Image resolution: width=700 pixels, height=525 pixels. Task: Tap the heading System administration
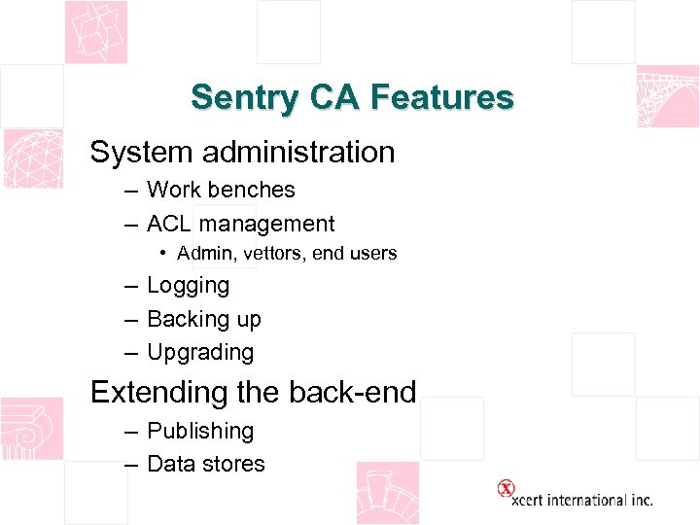(x=242, y=152)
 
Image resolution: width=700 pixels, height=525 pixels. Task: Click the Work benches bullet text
(x=221, y=191)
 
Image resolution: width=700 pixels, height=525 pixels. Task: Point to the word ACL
(x=169, y=224)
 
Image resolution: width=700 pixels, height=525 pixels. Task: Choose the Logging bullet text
(x=188, y=286)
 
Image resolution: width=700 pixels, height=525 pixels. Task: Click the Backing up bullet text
(x=203, y=319)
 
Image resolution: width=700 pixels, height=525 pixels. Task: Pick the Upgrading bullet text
(x=199, y=352)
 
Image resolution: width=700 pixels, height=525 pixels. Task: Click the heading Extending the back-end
(x=253, y=392)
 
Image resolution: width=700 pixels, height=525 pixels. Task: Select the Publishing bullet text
(x=199, y=431)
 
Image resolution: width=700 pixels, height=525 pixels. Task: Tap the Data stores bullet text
(x=205, y=464)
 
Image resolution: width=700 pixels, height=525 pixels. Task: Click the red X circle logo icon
(x=506, y=488)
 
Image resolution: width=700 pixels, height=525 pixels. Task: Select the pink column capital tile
(x=31, y=428)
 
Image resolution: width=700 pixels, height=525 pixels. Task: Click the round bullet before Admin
(x=165, y=254)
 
